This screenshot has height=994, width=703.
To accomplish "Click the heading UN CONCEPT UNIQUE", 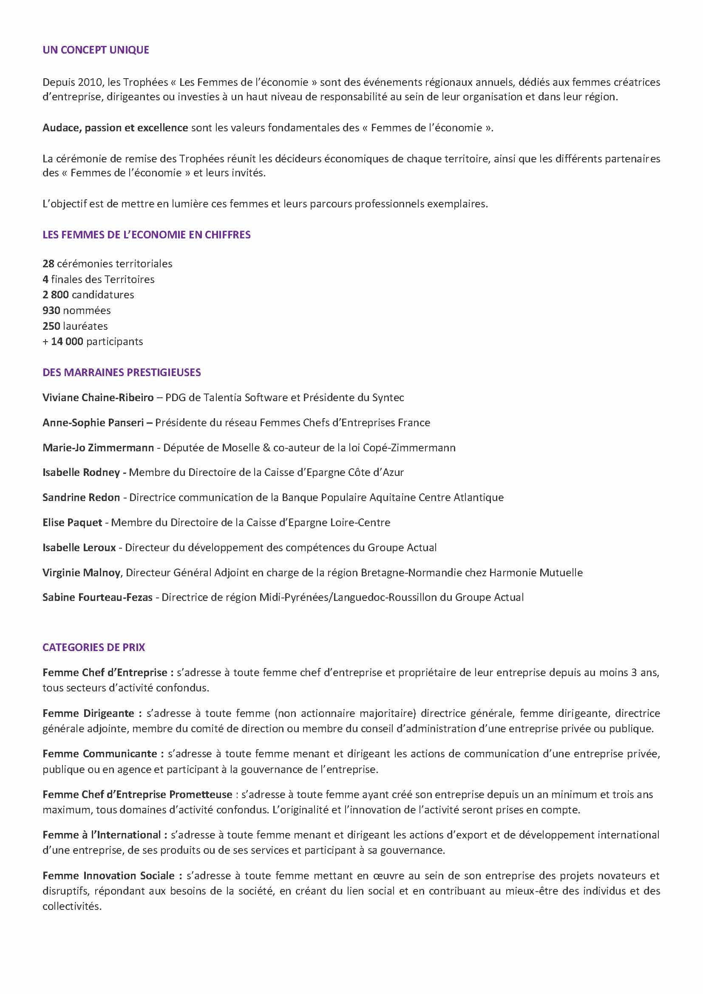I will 96,50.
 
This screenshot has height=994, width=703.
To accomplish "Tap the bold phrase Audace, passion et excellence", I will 115,128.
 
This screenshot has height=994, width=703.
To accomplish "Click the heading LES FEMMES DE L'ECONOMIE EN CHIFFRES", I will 146,235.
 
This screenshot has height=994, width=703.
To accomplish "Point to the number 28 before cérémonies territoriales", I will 48,263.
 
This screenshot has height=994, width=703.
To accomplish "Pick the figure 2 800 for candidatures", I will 55,295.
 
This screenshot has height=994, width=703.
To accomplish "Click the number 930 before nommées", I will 51,310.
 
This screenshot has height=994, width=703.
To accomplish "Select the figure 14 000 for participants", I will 67,342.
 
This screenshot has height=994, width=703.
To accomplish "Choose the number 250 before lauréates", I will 51,326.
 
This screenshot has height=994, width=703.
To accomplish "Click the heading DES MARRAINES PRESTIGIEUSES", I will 122,372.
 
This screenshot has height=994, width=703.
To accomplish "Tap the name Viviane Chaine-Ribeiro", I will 98,397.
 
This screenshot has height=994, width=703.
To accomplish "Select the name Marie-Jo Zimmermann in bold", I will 98,447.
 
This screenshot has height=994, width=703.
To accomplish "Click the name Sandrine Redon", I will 81,498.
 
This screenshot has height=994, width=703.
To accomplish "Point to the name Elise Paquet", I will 72,523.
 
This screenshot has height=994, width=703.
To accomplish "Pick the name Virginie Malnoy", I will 81,573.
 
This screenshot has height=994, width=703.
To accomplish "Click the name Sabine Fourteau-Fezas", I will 97,598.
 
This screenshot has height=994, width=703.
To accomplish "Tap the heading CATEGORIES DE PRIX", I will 94,647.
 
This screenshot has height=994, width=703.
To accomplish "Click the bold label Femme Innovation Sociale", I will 109,876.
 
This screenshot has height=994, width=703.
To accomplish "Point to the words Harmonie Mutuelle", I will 536,573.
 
